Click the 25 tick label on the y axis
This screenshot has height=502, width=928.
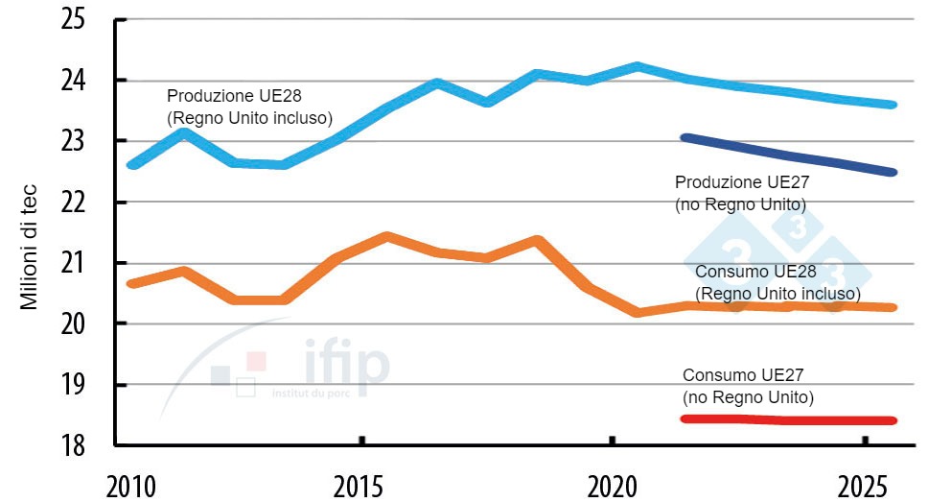coord(73,19)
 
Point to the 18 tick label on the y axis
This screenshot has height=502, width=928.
coord(73,445)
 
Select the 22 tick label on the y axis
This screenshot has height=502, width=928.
coord(73,203)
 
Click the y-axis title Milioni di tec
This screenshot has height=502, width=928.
coord(29,234)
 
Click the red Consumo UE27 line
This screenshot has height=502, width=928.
coord(786,419)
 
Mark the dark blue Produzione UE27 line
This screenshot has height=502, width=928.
coord(786,155)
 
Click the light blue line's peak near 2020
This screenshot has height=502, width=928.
coord(638,66)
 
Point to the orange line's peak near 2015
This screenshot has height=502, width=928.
coord(385,236)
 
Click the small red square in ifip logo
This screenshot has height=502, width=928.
coord(256,361)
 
